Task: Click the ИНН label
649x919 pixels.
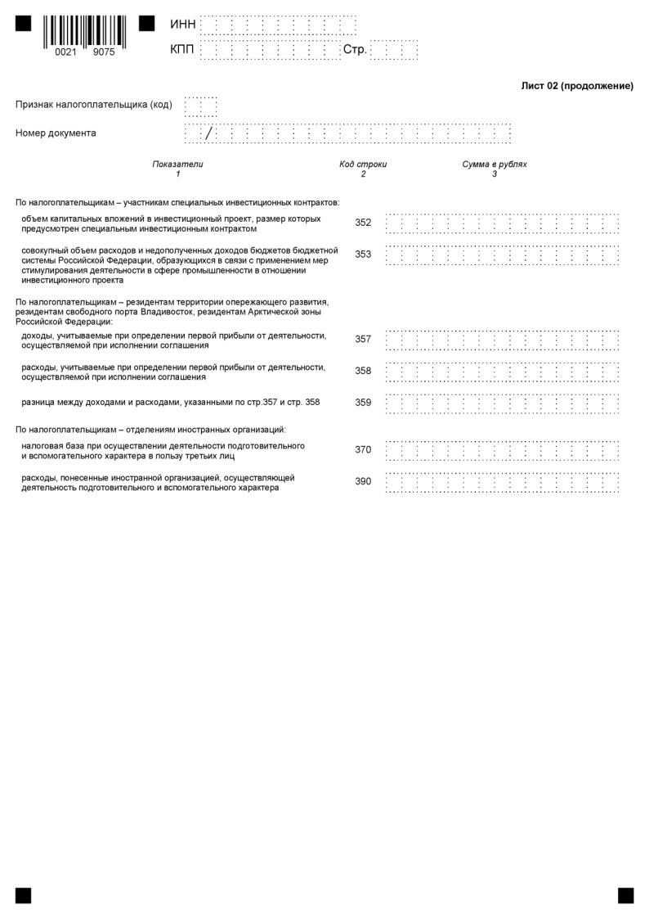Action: point(182,25)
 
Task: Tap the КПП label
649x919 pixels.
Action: point(182,51)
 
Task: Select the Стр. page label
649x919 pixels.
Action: point(355,51)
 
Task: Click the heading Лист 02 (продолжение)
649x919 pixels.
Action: point(577,86)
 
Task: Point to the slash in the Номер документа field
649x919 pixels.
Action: point(209,133)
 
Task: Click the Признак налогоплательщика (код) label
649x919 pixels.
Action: point(94,105)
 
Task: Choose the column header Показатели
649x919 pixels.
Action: point(177,164)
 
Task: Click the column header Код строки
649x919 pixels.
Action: point(363,164)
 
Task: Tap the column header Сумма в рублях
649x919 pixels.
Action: point(495,164)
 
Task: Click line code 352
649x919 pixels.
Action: point(363,223)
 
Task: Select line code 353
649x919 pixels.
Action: point(363,255)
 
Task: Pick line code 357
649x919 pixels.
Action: point(363,339)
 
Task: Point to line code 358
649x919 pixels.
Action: point(363,371)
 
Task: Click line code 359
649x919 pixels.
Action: point(363,403)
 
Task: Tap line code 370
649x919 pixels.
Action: point(363,450)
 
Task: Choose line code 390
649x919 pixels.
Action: point(363,482)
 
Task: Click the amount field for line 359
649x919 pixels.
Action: point(502,403)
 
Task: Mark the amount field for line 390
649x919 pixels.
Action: point(502,482)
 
